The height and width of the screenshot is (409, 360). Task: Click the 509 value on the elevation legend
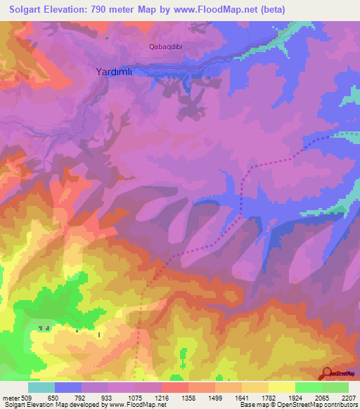[x=25, y=397]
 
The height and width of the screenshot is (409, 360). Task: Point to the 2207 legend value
[x=347, y=397]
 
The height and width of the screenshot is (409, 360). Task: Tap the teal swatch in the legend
[x=41, y=387]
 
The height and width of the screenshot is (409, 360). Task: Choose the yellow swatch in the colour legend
[x=282, y=387]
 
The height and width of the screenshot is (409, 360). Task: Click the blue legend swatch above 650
[x=68, y=387]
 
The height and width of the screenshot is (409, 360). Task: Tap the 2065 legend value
[x=321, y=397]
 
